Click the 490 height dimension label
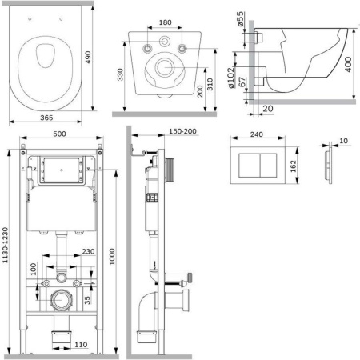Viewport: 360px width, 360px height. [88, 57]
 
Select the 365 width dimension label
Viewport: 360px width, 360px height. [46, 118]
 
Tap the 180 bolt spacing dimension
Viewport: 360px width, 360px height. [165, 22]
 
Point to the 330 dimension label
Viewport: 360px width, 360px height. [120, 74]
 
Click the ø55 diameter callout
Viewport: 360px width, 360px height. [240, 18]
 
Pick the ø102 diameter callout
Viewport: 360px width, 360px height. [231, 78]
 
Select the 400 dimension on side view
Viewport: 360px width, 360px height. [348, 64]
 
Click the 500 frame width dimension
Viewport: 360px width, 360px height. [59, 134]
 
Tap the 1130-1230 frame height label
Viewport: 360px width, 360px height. [5, 245]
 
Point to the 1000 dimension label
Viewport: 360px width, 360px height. [112, 257]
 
